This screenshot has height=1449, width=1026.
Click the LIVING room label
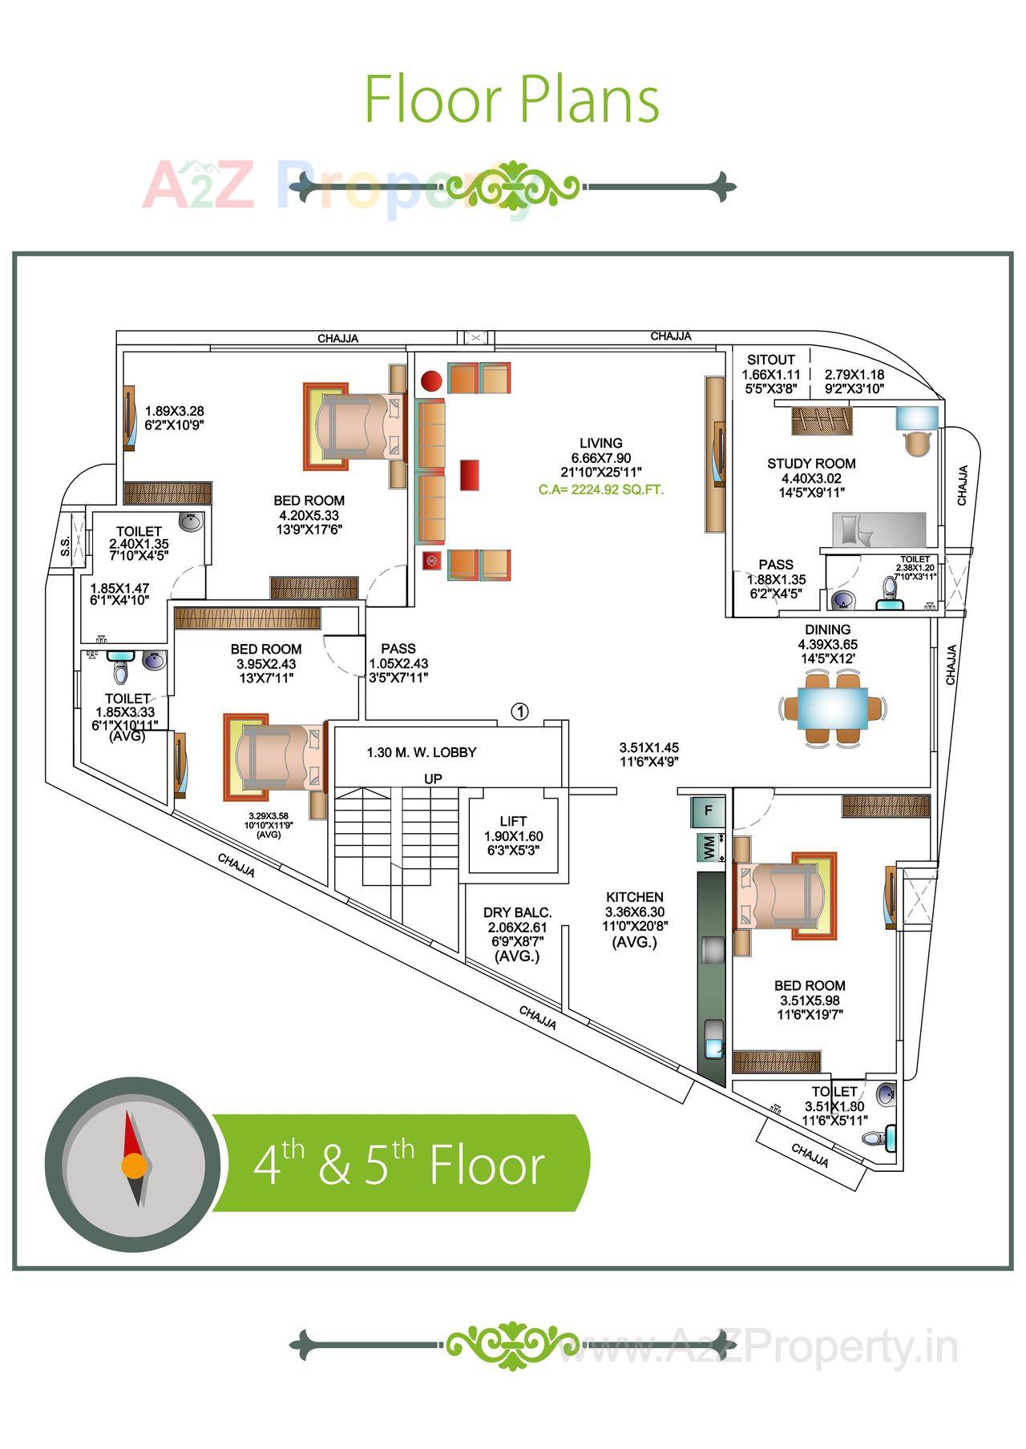pyautogui.click(x=600, y=443)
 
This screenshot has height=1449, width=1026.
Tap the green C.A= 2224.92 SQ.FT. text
pyautogui.click(x=601, y=489)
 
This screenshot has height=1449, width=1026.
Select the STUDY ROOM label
pyautogui.click(x=811, y=463)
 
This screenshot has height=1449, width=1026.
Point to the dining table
pyautogui.click(x=833, y=709)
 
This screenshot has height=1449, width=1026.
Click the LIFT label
pyautogui.click(x=513, y=821)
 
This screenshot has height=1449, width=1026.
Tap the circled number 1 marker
pyautogui.click(x=520, y=710)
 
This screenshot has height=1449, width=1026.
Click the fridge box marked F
pyautogui.click(x=708, y=810)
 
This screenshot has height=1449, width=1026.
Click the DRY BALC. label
pyautogui.click(x=517, y=912)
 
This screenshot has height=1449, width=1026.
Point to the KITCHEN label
pyautogui.click(x=635, y=897)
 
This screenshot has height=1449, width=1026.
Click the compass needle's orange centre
pyautogui.click(x=134, y=1165)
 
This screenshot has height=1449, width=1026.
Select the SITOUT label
pyautogui.click(x=770, y=360)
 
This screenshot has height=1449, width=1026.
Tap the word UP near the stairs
pyautogui.click(x=433, y=779)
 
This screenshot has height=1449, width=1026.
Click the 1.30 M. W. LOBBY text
pyautogui.click(x=422, y=752)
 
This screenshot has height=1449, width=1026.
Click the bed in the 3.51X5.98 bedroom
pyautogui.click(x=782, y=895)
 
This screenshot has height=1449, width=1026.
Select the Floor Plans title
pyautogui.click(x=512, y=99)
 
